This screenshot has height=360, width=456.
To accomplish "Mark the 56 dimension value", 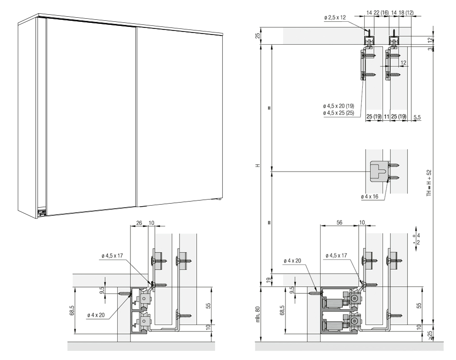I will [x=339, y=222].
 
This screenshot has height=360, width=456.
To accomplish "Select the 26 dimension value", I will [x=139, y=222].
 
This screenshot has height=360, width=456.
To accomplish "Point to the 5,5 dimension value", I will [x=416, y=117].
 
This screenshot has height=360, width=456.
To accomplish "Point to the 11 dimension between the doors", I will [x=387, y=117].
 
